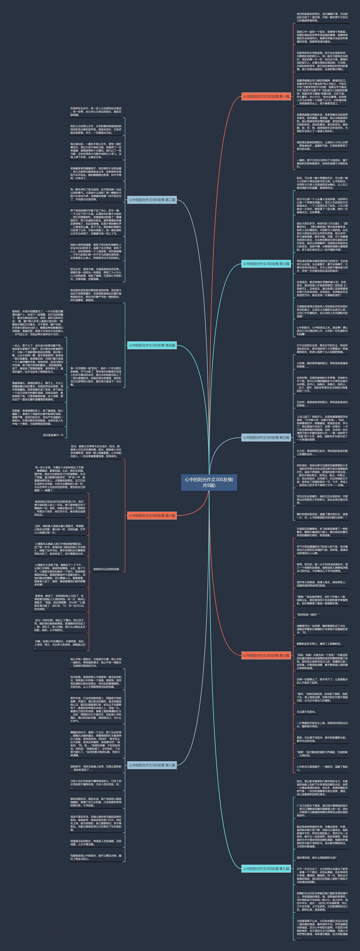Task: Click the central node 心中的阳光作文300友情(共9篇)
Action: pos(209,482)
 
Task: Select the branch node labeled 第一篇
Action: pos(266,96)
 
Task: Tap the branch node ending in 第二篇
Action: pos(152,200)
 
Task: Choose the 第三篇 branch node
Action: pos(266,264)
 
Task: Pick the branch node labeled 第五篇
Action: pos(266,437)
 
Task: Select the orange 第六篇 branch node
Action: pos(152,515)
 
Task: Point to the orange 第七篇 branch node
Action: pos(266,655)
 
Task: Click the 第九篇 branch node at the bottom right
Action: pos(266,869)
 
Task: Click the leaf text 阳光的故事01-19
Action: pos(53,435)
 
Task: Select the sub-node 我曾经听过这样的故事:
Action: pos(106,569)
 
